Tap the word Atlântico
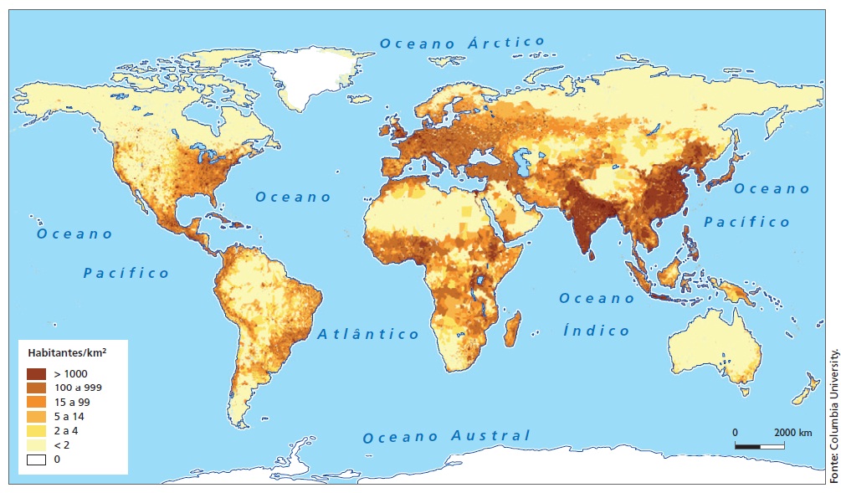[x=368, y=334]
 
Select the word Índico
[x=596, y=331]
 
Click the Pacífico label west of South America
[x=126, y=273]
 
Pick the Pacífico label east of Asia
[x=746, y=222]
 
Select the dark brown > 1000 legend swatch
[x=36, y=373]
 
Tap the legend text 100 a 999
[x=79, y=388]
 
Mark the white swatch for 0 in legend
[x=36, y=459]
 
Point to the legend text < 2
[x=64, y=444]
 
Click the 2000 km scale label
[x=792, y=432]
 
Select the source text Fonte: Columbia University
[x=833, y=413]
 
